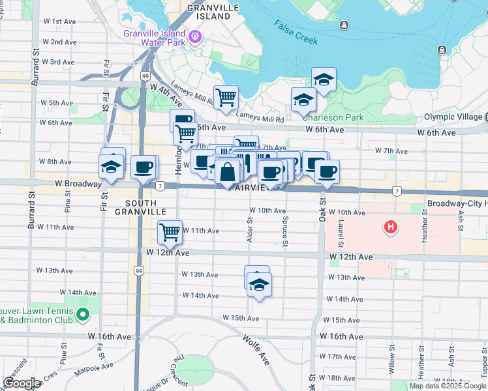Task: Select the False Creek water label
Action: (x=296, y=32)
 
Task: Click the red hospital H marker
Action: (x=391, y=227)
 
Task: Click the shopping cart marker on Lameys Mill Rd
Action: (x=226, y=97)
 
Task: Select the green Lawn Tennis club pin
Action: (x=82, y=315)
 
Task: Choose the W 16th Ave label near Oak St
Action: (x=342, y=337)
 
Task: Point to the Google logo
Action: (x=22, y=384)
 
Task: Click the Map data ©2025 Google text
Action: (x=448, y=386)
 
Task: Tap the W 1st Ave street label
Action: (x=61, y=22)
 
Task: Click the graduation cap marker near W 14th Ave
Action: (x=260, y=285)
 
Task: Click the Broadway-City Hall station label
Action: (x=457, y=203)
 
